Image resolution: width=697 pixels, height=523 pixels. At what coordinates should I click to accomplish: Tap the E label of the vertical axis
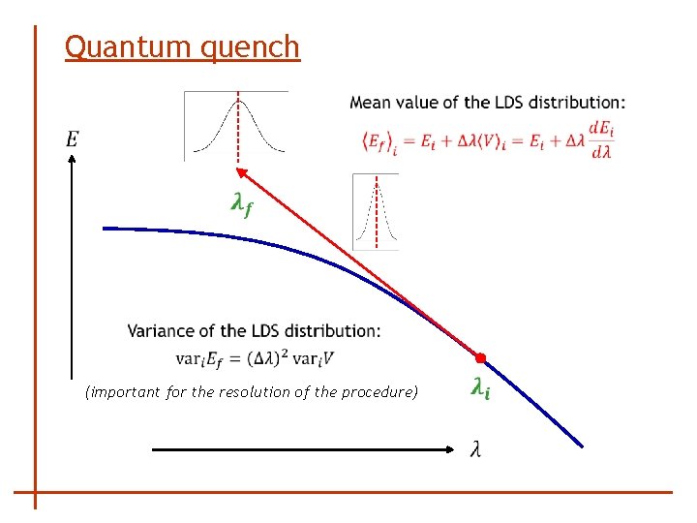pyautogui.click(x=73, y=140)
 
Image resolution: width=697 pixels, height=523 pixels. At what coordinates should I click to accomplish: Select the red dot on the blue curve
pyautogui.click(x=480, y=359)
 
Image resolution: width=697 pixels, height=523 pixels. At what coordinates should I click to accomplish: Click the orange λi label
pyautogui.click(x=480, y=388)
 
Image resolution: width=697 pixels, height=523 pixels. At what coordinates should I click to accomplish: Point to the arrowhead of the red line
pyautogui.click(x=242, y=173)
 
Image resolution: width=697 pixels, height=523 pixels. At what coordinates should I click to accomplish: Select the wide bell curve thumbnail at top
pyautogui.click(x=237, y=125)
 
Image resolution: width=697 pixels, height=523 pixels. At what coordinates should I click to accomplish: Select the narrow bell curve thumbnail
pyautogui.click(x=376, y=211)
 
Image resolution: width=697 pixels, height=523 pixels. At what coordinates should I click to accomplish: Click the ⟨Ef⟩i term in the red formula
pyautogui.click(x=379, y=142)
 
